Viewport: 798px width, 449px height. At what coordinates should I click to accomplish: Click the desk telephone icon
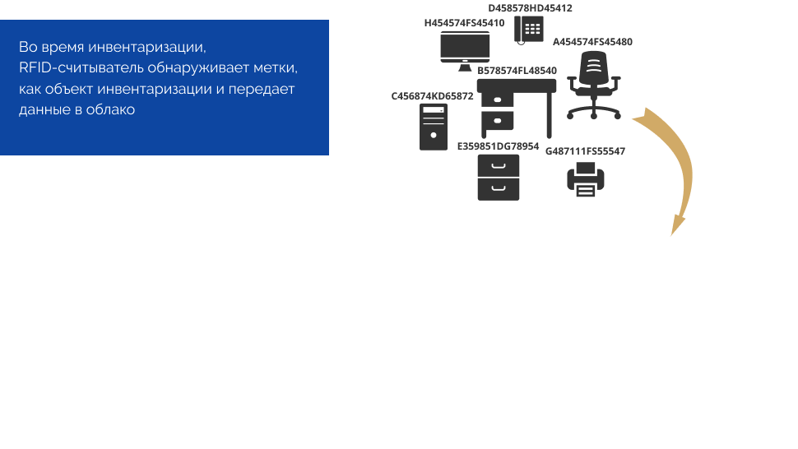[529, 29]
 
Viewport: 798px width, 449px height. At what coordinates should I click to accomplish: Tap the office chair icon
[593, 85]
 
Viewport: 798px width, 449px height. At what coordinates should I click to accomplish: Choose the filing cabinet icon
[499, 177]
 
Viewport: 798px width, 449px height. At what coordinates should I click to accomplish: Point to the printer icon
[586, 179]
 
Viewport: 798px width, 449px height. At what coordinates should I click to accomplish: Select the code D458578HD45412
[530, 8]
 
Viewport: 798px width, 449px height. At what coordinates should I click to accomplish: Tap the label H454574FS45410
[464, 23]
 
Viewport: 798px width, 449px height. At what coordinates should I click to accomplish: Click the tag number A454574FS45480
[592, 41]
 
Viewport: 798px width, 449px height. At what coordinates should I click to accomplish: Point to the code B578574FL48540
[517, 71]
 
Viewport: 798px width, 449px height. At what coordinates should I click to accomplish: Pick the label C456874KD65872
[432, 96]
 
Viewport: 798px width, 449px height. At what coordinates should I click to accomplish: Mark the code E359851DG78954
[498, 146]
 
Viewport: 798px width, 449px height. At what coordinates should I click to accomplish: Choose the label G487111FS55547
[585, 151]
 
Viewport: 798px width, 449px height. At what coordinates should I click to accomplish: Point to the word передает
[265, 88]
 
